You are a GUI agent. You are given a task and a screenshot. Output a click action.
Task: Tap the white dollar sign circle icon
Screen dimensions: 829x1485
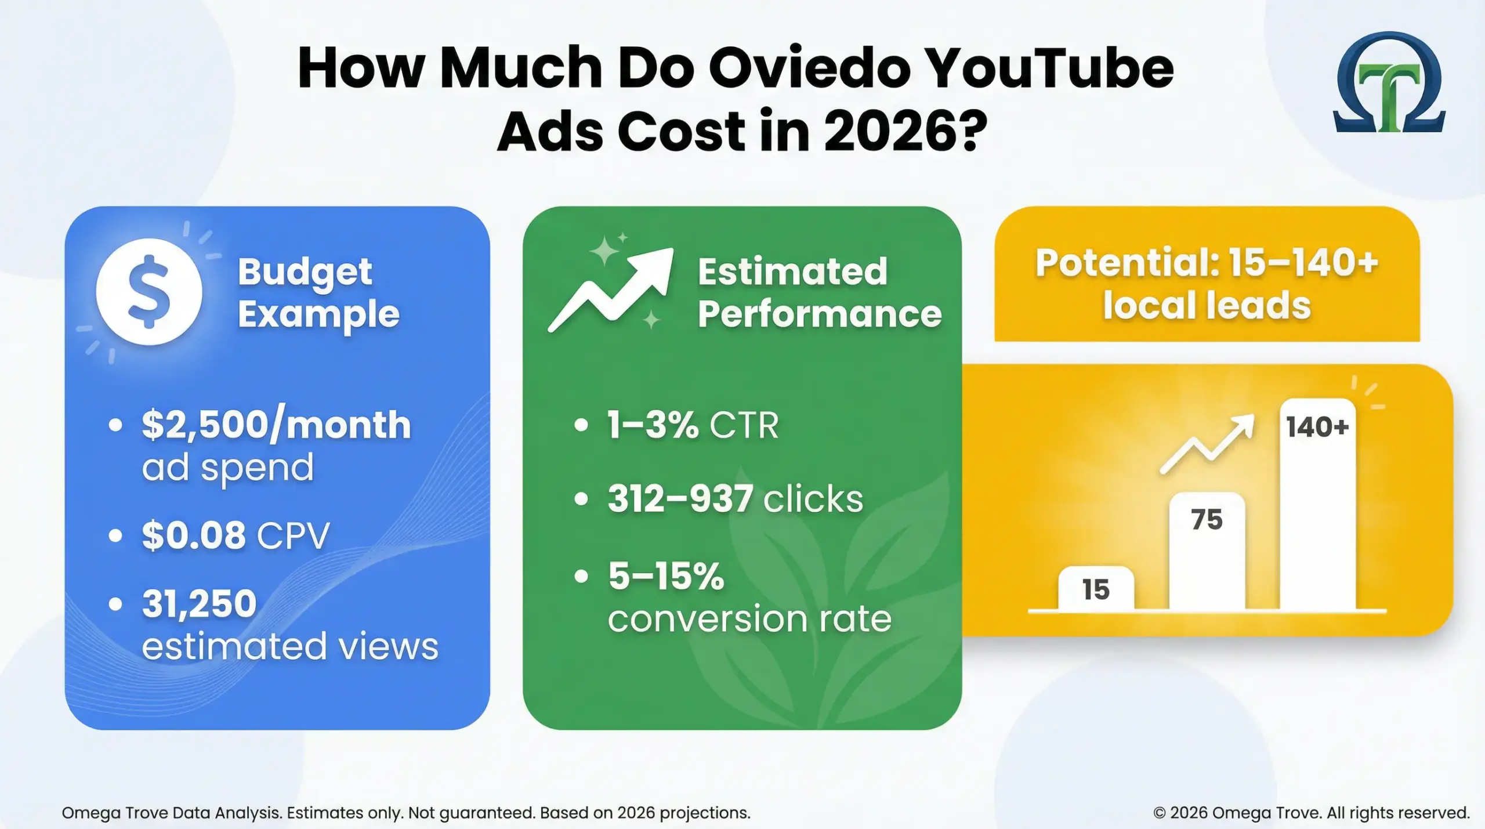point(149,291)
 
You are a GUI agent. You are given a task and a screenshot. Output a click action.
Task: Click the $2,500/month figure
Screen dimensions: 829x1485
point(276,425)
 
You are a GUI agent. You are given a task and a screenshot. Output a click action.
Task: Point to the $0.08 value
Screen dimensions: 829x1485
point(194,535)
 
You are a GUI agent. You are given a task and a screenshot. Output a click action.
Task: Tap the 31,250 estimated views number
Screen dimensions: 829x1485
point(199,603)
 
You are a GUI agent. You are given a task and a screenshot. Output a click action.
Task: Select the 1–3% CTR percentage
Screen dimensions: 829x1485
point(653,425)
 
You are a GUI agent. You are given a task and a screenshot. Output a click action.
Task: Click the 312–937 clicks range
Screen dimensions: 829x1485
point(680,498)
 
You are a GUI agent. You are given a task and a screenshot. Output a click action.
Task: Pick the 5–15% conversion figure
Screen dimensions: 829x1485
point(667,576)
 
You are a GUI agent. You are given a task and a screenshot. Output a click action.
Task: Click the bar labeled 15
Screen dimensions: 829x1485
point(1096,589)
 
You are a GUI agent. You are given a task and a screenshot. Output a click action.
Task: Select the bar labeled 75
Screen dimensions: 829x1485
point(1207,551)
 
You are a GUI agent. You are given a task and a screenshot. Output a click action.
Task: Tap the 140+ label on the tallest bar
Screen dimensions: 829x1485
point(1317,428)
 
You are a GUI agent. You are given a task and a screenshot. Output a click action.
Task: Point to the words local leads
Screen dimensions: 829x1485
point(1207,306)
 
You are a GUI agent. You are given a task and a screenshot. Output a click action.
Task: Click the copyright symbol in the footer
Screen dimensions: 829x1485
point(1159,813)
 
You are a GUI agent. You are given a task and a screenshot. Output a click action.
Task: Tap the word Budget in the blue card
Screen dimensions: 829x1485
point(305,271)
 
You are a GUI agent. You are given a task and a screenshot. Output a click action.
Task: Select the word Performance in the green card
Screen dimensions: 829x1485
point(819,314)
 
